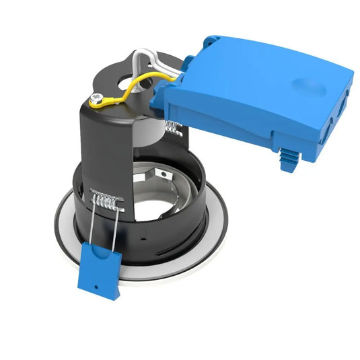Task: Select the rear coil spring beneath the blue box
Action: [x=172, y=127]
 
